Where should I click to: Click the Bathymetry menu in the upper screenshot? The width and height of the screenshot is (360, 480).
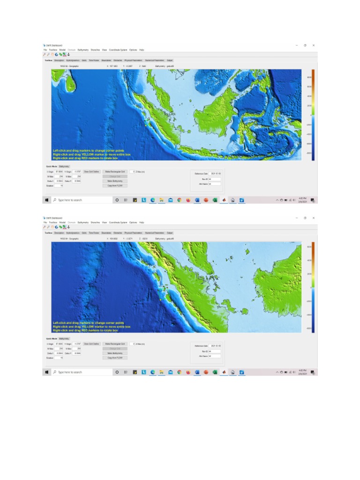83,50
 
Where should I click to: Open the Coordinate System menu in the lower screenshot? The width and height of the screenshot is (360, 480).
118,222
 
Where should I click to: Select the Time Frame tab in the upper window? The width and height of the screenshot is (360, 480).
94,60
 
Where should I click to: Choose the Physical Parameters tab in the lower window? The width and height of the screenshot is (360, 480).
133,232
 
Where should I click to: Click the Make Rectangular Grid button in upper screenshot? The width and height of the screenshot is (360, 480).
114,172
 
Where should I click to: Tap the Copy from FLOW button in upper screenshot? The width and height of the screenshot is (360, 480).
114,186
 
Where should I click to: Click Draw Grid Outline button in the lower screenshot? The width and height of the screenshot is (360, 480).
91,344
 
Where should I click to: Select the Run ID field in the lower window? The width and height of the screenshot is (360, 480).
214,351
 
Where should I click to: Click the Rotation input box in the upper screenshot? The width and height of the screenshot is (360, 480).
59,186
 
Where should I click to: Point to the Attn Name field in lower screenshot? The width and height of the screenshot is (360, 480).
214,356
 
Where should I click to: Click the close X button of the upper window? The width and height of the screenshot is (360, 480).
314,45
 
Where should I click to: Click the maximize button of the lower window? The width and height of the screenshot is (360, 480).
305,218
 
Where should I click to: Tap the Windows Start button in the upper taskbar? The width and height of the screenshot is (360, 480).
47,200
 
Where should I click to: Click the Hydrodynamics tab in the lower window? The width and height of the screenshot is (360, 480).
73,232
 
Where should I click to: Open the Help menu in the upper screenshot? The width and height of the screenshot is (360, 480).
142,50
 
